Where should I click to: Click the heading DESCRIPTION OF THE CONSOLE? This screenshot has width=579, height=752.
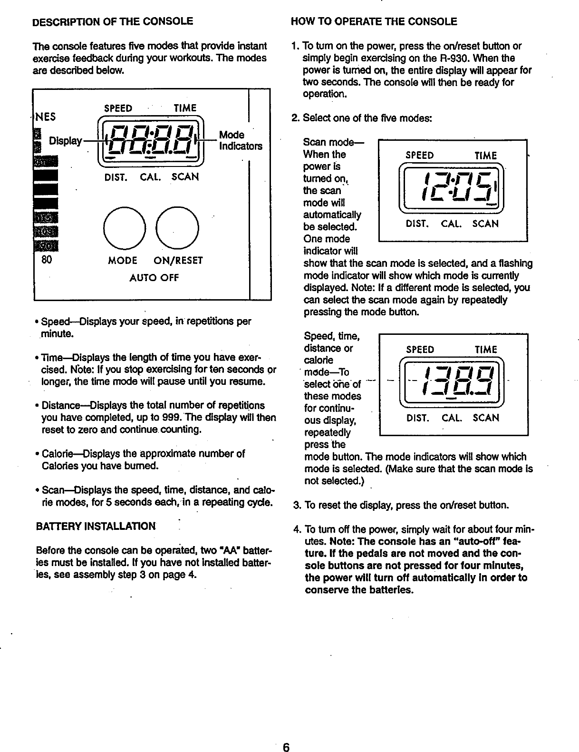(x=112, y=21)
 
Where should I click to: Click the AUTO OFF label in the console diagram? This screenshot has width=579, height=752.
(x=154, y=277)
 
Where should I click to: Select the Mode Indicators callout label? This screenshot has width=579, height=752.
(x=240, y=140)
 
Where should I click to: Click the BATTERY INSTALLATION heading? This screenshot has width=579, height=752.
(x=96, y=526)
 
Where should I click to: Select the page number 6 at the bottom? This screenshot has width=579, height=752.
(x=286, y=746)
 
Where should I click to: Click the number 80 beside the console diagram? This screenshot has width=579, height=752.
(x=47, y=260)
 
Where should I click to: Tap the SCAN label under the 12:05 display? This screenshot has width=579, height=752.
(x=485, y=224)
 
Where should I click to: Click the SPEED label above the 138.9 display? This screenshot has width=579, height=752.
(x=420, y=350)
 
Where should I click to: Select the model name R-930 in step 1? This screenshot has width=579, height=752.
(x=450, y=59)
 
